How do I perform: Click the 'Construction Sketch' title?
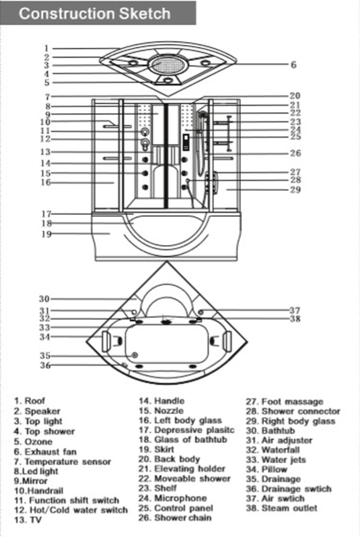coord(95,14)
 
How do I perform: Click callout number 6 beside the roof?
coord(294,65)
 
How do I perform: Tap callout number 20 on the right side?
coord(295,96)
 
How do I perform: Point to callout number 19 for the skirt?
coord(47,234)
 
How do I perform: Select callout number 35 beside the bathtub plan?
coord(45,356)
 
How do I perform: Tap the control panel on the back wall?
coord(186,142)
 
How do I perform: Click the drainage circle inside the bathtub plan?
coord(134,355)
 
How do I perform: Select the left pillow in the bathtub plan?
coord(106,341)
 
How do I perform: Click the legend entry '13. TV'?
coord(28,520)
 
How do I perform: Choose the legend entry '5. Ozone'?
coord(34,442)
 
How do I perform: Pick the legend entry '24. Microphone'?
coord(173,498)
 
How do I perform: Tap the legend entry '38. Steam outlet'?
coord(282,508)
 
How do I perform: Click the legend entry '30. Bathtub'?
coord(270,431)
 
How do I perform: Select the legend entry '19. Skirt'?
coord(156,449)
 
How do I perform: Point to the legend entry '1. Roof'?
coord(30,401)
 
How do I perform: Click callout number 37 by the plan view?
coord(295,310)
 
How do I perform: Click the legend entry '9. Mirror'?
coord(31,481)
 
